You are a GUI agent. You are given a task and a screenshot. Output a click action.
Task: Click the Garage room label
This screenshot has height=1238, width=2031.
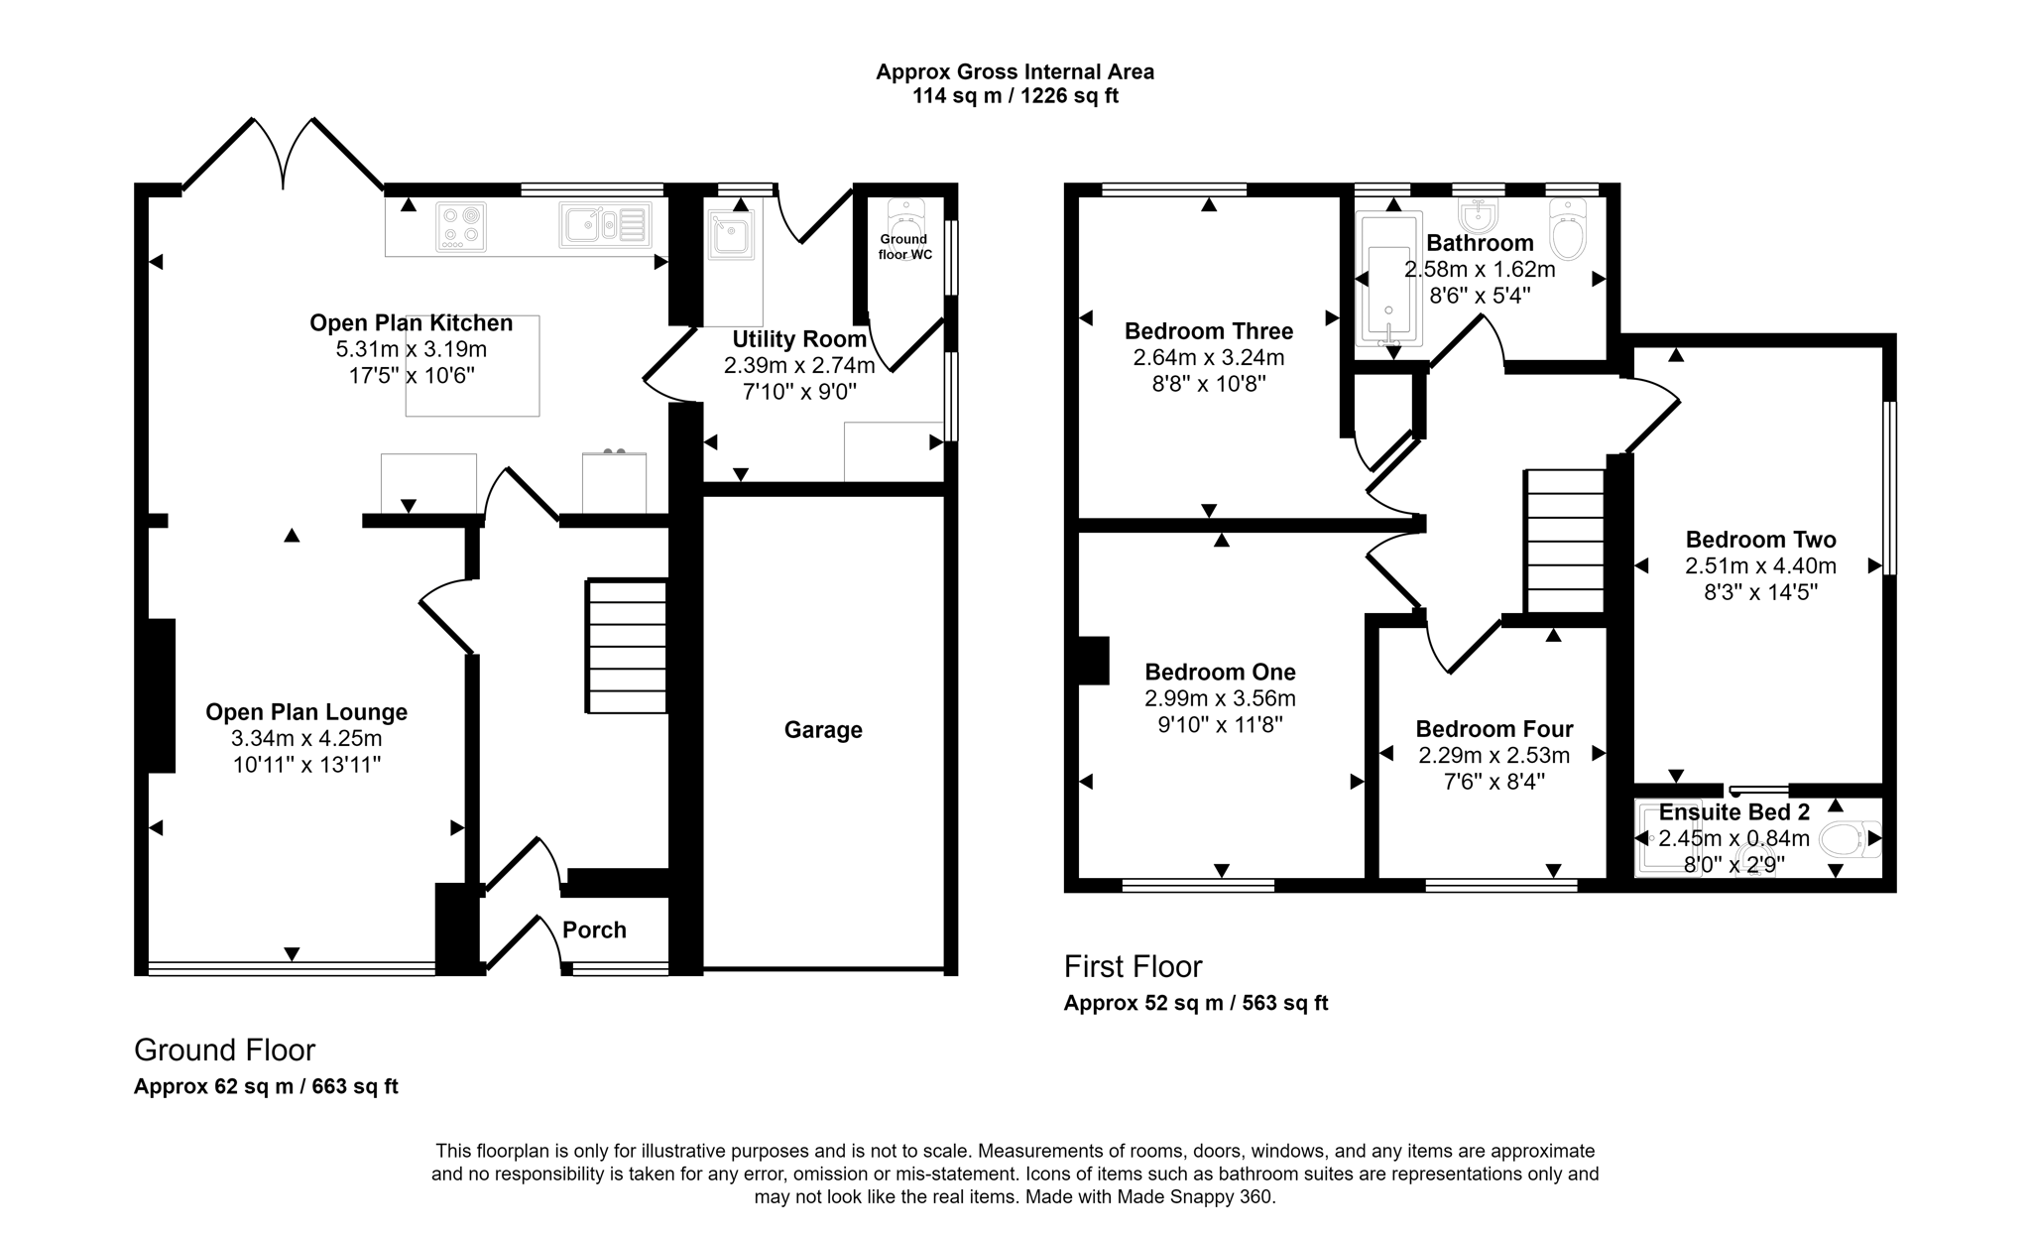[823, 730]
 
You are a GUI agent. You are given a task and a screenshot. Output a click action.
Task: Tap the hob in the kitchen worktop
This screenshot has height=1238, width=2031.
[461, 226]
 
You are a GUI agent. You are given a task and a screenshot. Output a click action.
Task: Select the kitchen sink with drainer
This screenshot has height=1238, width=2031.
[605, 224]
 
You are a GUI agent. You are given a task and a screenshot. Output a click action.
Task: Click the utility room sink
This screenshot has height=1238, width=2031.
[731, 236]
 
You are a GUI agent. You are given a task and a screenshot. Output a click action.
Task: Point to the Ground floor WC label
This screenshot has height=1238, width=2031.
[903, 246]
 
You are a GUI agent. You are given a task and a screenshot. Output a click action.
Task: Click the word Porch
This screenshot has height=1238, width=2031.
[594, 930]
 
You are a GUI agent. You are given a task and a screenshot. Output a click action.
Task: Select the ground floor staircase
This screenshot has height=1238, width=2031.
[627, 646]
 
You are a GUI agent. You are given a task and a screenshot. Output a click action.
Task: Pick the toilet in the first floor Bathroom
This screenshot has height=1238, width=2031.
[1568, 229]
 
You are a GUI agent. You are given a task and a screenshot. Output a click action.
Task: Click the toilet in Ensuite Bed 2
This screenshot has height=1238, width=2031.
[1849, 839]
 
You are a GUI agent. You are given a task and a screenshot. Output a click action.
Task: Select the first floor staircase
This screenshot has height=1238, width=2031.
[1564, 542]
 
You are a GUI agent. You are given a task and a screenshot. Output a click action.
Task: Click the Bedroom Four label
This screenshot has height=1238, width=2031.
[1493, 729]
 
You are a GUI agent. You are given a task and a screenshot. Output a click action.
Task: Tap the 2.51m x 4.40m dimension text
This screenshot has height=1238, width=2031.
[1760, 566]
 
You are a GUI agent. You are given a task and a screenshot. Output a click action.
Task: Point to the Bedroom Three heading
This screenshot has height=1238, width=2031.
[1208, 331]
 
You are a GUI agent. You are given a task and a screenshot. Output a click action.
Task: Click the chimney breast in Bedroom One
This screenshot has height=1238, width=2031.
[1093, 661]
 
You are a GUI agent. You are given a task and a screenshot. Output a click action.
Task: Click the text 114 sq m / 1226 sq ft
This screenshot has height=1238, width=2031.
[1015, 97]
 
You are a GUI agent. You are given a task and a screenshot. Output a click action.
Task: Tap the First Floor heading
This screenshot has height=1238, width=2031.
[1133, 966]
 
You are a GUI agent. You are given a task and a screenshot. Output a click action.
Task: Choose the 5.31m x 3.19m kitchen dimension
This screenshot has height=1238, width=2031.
[412, 349]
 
